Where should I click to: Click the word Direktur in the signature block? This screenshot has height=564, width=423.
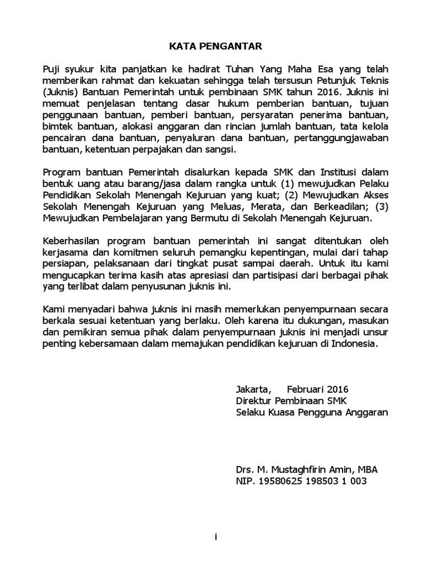point(253,400)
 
